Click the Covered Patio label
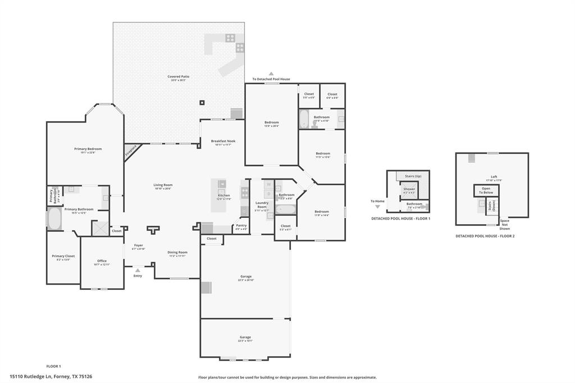pyautogui.click(x=178, y=76)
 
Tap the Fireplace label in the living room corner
pyautogui.click(x=131, y=151)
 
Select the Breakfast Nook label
pyautogui.click(x=223, y=141)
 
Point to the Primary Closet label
pyautogui.click(x=63, y=256)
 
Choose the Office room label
pyautogui.click(x=102, y=261)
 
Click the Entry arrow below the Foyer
pyautogui.click(x=138, y=270)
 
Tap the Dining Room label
pyautogui.click(x=177, y=252)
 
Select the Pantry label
pyautogui.click(x=241, y=225)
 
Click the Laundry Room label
pyautogui.click(x=262, y=205)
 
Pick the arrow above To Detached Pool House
pyautogui.click(x=271, y=74)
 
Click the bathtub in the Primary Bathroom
pyautogui.click(x=54, y=219)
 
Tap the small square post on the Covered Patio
pyautogui.click(x=202, y=103)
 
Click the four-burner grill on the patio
pyautogui.click(x=230, y=38)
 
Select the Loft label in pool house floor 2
pyautogui.click(x=494, y=176)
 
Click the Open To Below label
pyautogui.click(x=486, y=190)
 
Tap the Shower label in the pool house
pyautogui.click(x=409, y=189)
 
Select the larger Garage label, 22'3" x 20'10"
pyautogui.click(x=245, y=276)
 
